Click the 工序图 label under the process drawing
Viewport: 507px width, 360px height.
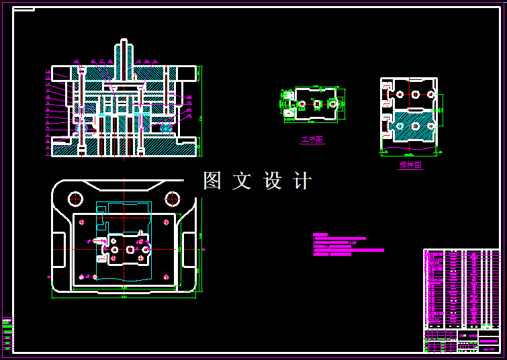pyautogui.click(x=312, y=140)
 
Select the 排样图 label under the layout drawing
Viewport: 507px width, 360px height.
pyautogui.click(x=410, y=165)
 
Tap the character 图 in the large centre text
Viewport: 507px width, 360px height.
pyautogui.click(x=212, y=181)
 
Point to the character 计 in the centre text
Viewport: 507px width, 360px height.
pyautogui.click(x=303, y=181)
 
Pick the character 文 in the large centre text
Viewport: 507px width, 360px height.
pyautogui.click(x=242, y=181)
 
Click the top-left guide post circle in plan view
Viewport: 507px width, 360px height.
pyautogui.click(x=75, y=199)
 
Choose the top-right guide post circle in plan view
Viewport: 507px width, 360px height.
pyautogui.click(x=173, y=199)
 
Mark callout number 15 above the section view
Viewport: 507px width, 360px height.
pyautogui.click(x=76, y=62)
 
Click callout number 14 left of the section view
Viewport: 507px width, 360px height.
pyautogui.click(x=48, y=71)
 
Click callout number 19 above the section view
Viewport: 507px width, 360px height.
pyautogui.click(x=138, y=62)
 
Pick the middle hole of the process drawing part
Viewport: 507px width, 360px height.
pyautogui.click(x=316, y=103)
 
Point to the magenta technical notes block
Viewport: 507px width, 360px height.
pyautogui.click(x=342, y=245)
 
